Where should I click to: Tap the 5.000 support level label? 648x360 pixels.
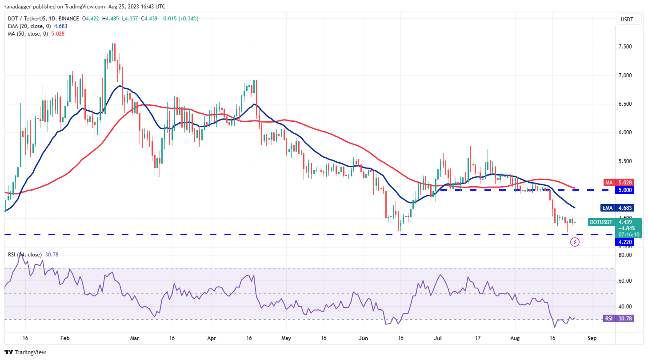pyautogui.click(x=624, y=190)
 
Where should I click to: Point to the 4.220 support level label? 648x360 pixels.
pyautogui.click(x=624, y=242)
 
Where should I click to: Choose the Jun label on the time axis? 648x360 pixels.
pyautogui.click(x=364, y=338)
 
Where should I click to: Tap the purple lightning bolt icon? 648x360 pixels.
pyautogui.click(x=575, y=242)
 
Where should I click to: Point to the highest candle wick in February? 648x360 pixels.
pyautogui.click(x=110, y=25)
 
